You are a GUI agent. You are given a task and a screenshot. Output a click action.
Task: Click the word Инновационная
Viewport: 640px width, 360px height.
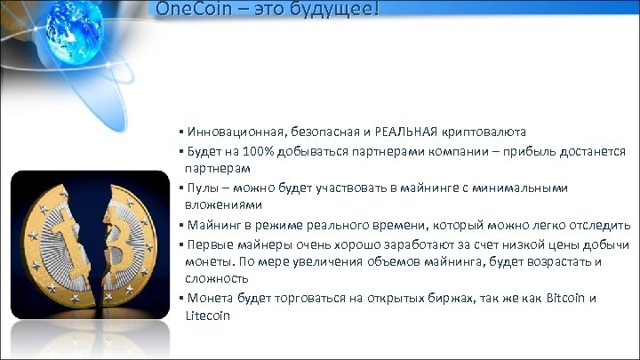(x=230, y=132)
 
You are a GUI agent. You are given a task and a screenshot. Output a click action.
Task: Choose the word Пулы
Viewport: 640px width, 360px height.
(x=201, y=188)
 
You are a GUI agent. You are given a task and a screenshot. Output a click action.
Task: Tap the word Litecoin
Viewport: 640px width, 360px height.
(x=208, y=315)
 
